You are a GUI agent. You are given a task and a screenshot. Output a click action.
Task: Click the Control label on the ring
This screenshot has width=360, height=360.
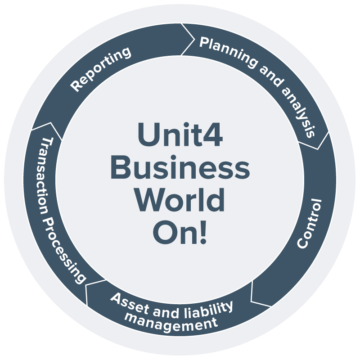pyautogui.click(x=310, y=223)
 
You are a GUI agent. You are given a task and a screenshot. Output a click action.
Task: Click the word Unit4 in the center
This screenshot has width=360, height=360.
pyautogui.click(x=180, y=135)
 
